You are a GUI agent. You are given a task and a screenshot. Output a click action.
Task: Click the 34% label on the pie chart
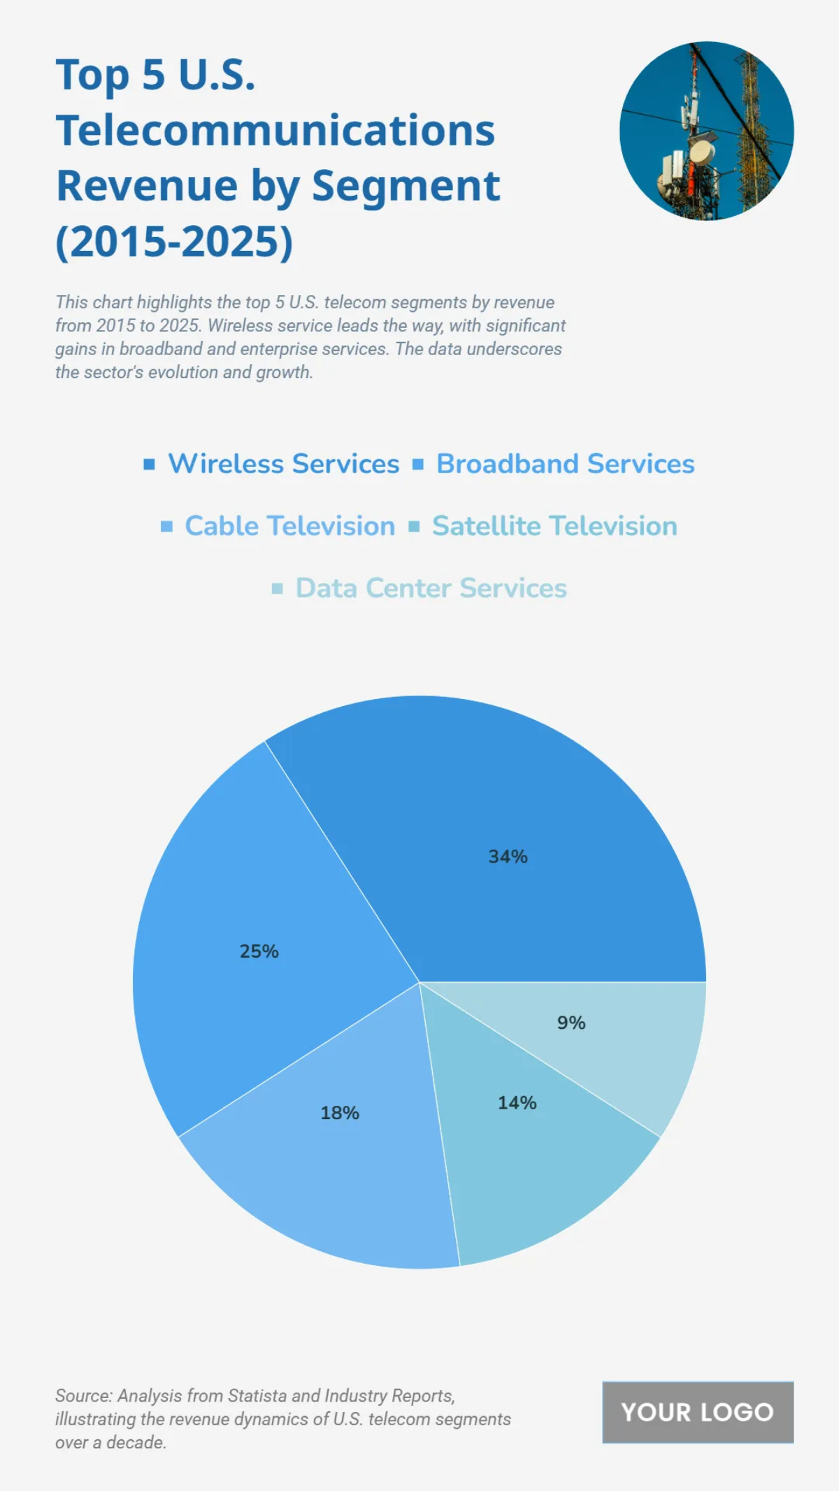[508, 856]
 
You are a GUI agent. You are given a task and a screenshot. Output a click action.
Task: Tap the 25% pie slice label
[259, 951]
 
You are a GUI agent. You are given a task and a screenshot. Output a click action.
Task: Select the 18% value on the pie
[340, 1113]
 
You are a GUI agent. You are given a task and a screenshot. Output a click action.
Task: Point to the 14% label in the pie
[517, 1103]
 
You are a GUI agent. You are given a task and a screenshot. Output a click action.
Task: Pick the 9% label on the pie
[571, 1023]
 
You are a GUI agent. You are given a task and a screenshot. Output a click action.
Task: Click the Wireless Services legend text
[283, 464]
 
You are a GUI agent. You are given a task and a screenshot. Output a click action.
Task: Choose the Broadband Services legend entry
[565, 464]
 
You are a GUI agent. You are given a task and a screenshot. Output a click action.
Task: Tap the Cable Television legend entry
[289, 526]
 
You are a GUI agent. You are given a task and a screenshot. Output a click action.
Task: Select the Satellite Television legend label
[554, 526]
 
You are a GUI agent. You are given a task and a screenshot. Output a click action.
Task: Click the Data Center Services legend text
[431, 589]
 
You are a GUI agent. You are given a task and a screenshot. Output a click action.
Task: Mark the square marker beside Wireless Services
[149, 464]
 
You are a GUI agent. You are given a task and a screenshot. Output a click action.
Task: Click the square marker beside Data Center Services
[277, 589]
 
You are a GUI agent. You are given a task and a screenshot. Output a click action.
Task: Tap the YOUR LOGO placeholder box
[697, 1412]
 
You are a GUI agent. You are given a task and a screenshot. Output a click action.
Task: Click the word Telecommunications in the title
[275, 131]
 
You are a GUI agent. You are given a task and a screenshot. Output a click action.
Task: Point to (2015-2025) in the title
[174, 242]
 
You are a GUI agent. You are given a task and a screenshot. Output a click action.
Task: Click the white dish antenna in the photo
[702, 152]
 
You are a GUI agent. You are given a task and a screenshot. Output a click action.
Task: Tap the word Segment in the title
[406, 186]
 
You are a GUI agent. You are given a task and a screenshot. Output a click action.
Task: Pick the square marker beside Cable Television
[166, 526]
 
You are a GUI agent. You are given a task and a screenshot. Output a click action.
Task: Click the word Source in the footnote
[83, 1396]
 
